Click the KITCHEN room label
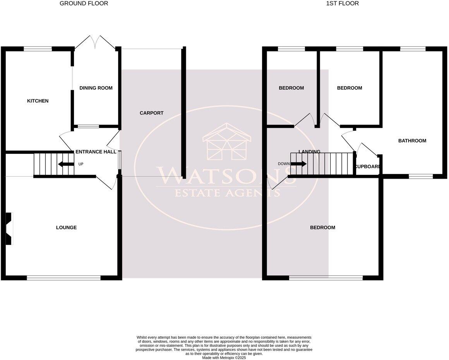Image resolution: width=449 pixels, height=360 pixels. click(38, 101)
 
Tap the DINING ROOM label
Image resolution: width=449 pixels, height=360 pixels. click(96, 88)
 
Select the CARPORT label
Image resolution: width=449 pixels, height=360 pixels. click(151, 113)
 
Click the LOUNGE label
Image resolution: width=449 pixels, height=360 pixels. click(66, 227)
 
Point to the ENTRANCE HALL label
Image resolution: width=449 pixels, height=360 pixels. click(96, 152)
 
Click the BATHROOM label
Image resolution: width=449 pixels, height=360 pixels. click(412, 141)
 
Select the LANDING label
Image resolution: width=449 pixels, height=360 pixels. click(309, 152)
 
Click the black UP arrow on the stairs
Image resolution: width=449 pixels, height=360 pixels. click(66, 164)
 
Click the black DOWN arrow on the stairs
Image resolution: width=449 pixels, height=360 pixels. click(298, 164)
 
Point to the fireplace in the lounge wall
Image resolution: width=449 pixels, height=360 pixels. click(9, 229)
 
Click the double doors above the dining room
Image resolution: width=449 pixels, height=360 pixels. click(95, 42)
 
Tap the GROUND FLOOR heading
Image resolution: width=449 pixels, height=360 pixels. click(84, 3)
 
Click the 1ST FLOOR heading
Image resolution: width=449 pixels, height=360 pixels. click(342, 3)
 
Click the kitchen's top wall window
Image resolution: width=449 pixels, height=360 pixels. click(38, 49)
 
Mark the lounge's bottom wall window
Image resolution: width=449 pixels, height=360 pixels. click(64, 278)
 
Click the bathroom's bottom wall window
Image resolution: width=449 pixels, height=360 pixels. click(421, 176)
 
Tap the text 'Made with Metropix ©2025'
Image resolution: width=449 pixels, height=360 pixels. click(224, 358)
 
